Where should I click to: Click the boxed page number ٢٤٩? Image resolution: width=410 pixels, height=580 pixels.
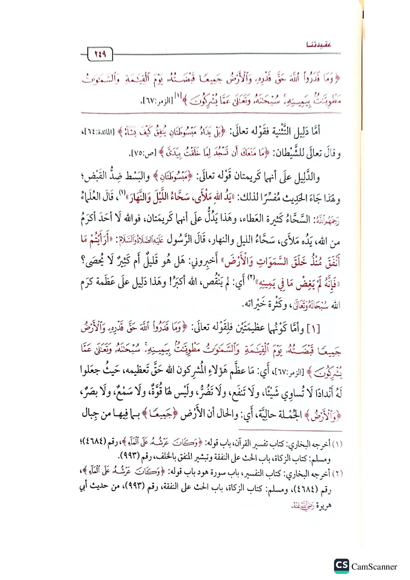(100, 54)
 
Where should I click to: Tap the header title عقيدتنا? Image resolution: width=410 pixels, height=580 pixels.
(319, 44)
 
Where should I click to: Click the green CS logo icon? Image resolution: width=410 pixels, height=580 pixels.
(341, 566)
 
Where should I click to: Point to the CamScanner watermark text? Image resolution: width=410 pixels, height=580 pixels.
(374, 566)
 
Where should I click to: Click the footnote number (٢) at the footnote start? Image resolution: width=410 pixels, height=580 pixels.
(337, 473)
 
